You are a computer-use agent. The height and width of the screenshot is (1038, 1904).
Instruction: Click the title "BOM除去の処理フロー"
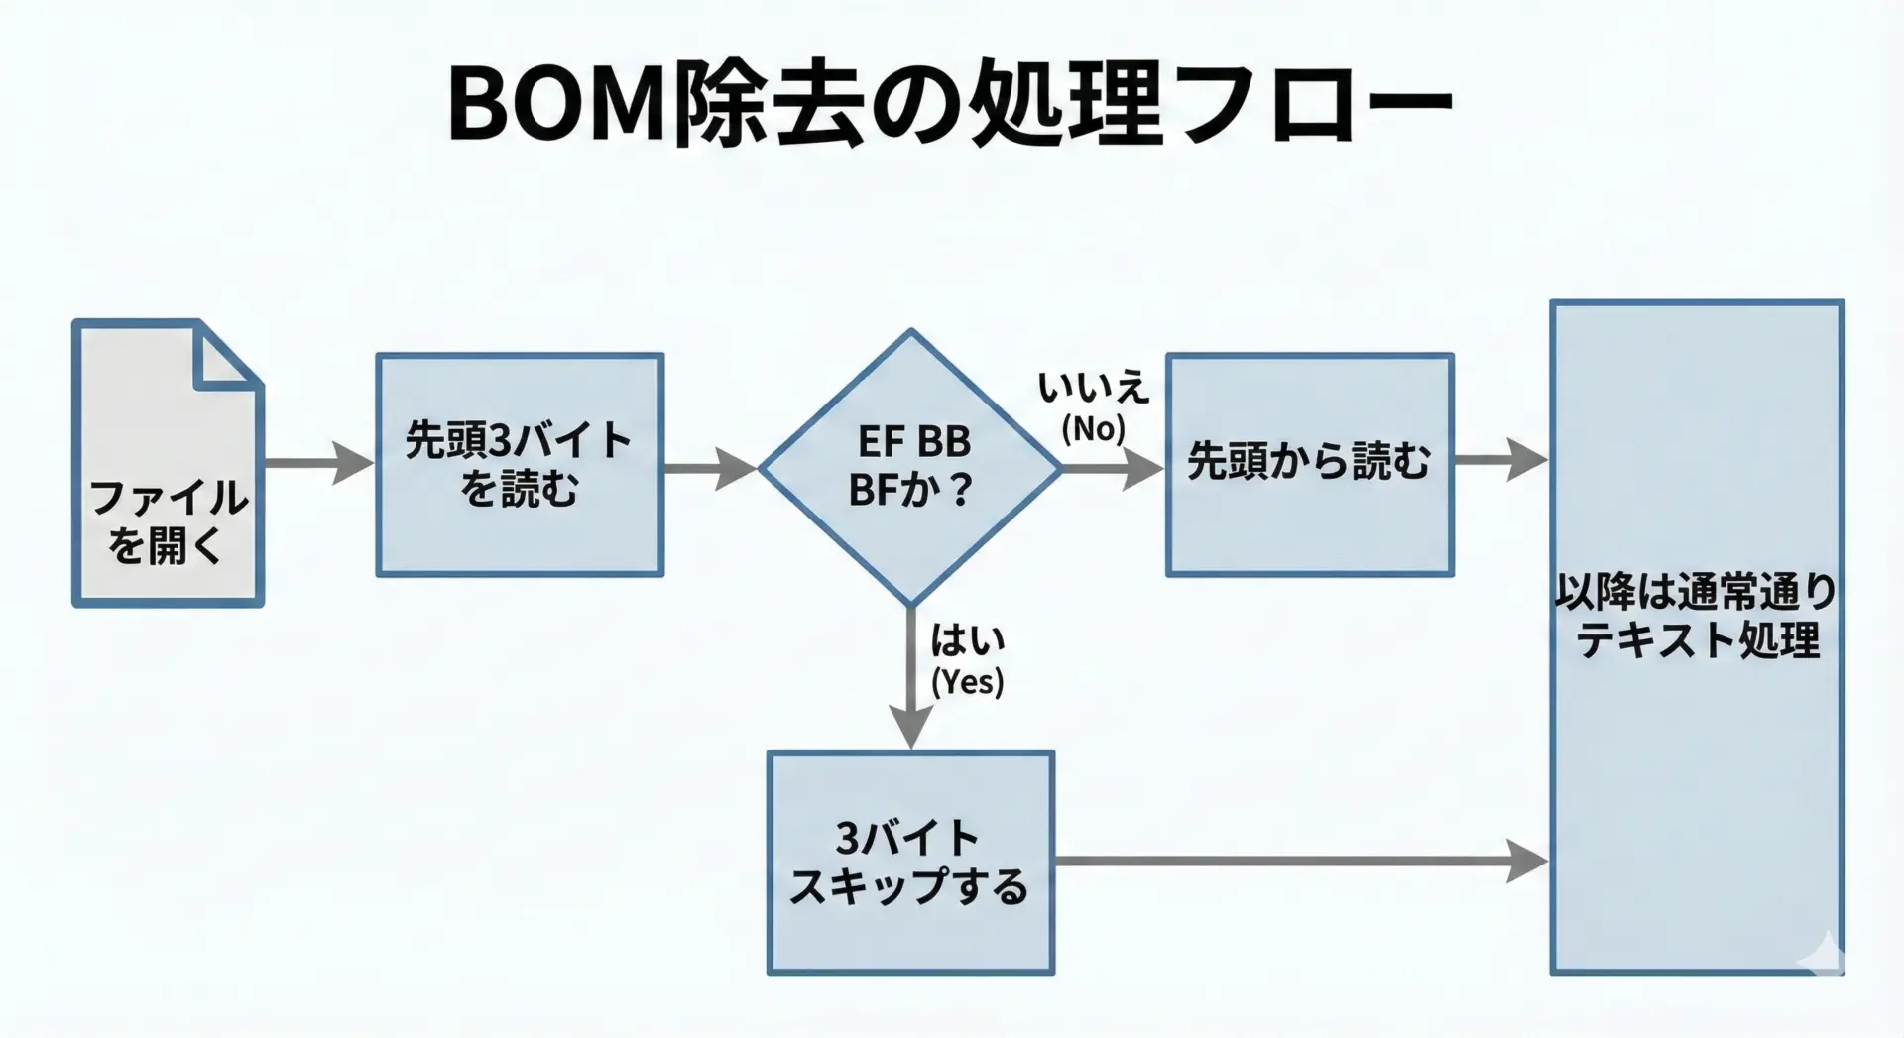coord(950,104)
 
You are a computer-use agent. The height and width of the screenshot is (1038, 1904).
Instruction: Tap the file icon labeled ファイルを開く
coord(168,466)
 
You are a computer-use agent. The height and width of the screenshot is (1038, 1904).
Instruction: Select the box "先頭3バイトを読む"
coord(520,465)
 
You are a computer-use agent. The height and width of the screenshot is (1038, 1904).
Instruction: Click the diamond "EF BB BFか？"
coord(910,466)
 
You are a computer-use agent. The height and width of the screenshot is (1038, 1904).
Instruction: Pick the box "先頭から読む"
coord(1309,464)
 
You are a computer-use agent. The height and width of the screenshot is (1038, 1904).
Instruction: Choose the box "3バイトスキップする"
coord(910,862)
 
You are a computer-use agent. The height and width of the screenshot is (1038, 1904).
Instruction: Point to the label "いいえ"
coord(1093,388)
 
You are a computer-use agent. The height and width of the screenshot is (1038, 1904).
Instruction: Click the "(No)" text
coord(1093,429)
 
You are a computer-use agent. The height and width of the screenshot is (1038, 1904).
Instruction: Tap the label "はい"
coord(967,640)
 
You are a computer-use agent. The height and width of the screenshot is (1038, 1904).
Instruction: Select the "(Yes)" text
coord(967,682)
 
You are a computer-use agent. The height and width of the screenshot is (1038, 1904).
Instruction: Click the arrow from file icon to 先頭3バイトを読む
coord(317,463)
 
